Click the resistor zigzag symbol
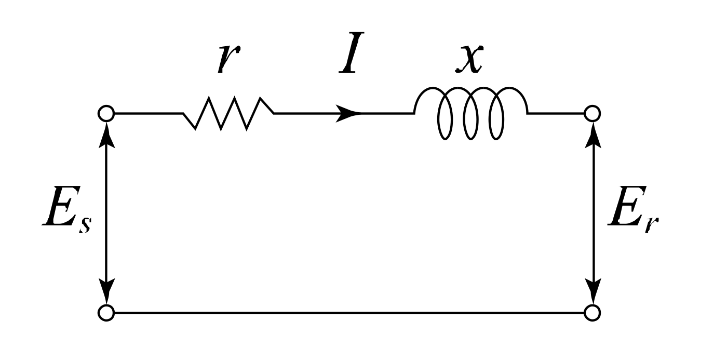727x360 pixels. pyautogui.click(x=228, y=113)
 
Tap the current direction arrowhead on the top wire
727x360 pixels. pyautogui.click(x=348, y=113)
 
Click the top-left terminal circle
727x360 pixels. pyautogui.click(x=106, y=113)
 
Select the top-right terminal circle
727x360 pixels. pyautogui.click(x=593, y=113)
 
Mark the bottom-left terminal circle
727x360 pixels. pyautogui.click(x=106, y=313)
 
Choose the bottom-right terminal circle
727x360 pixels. pyautogui.click(x=593, y=313)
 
